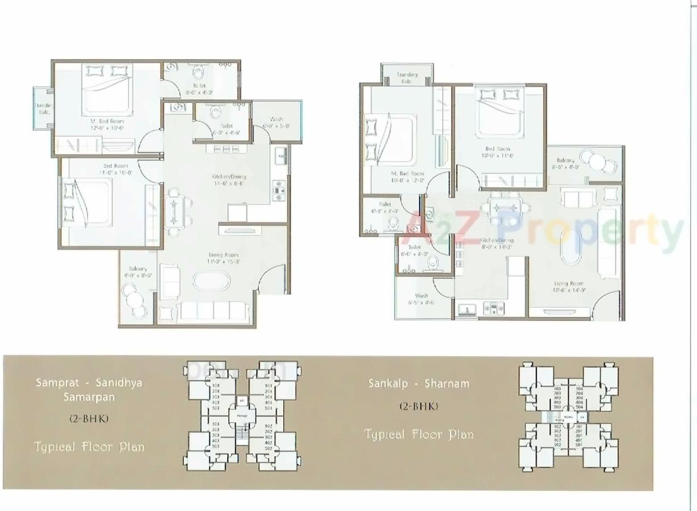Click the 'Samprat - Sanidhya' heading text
[x=89, y=382]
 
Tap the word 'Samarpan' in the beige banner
[x=89, y=397]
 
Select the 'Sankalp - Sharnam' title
[x=419, y=383]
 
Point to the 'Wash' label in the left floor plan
[x=277, y=119]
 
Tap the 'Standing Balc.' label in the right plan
[x=407, y=74]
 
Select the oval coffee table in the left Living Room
[x=211, y=282]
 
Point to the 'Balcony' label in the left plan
[x=137, y=269]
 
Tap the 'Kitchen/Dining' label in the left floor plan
[x=229, y=177]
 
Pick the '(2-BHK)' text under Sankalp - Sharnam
[x=419, y=406]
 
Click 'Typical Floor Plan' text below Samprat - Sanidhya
[x=89, y=446]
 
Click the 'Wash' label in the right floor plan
[x=421, y=296]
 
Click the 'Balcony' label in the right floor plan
[x=565, y=161]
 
